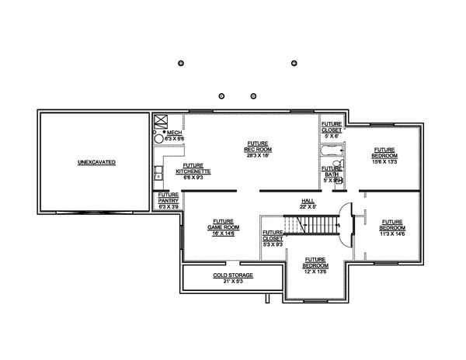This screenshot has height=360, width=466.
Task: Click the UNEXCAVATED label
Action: pos(96,163)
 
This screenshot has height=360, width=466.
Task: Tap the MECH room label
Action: pos(173,133)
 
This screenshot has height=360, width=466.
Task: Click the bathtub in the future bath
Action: pos(332,149)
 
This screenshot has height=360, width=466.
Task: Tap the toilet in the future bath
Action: pos(339,180)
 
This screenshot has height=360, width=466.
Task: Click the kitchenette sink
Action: pos(158,172)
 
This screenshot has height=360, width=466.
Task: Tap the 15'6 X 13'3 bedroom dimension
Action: pos(384,162)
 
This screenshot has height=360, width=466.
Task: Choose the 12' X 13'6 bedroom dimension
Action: pos(315,272)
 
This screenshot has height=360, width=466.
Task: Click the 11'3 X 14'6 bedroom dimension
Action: pos(391,233)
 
